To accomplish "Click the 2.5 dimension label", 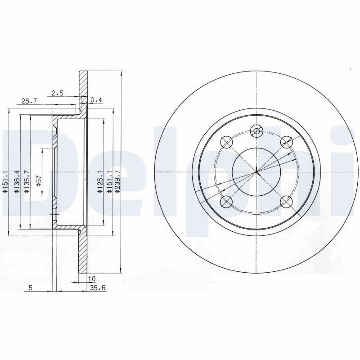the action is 58,93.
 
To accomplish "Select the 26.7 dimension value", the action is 29,101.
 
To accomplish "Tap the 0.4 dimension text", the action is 96,100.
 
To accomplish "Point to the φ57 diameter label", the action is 38,181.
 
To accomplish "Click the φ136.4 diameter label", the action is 17,181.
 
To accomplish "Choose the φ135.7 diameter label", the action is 27,181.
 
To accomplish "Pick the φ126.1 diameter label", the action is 100,181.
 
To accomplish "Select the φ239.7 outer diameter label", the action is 117,181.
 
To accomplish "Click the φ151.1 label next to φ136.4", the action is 6,181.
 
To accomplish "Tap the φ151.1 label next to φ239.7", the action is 109,181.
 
